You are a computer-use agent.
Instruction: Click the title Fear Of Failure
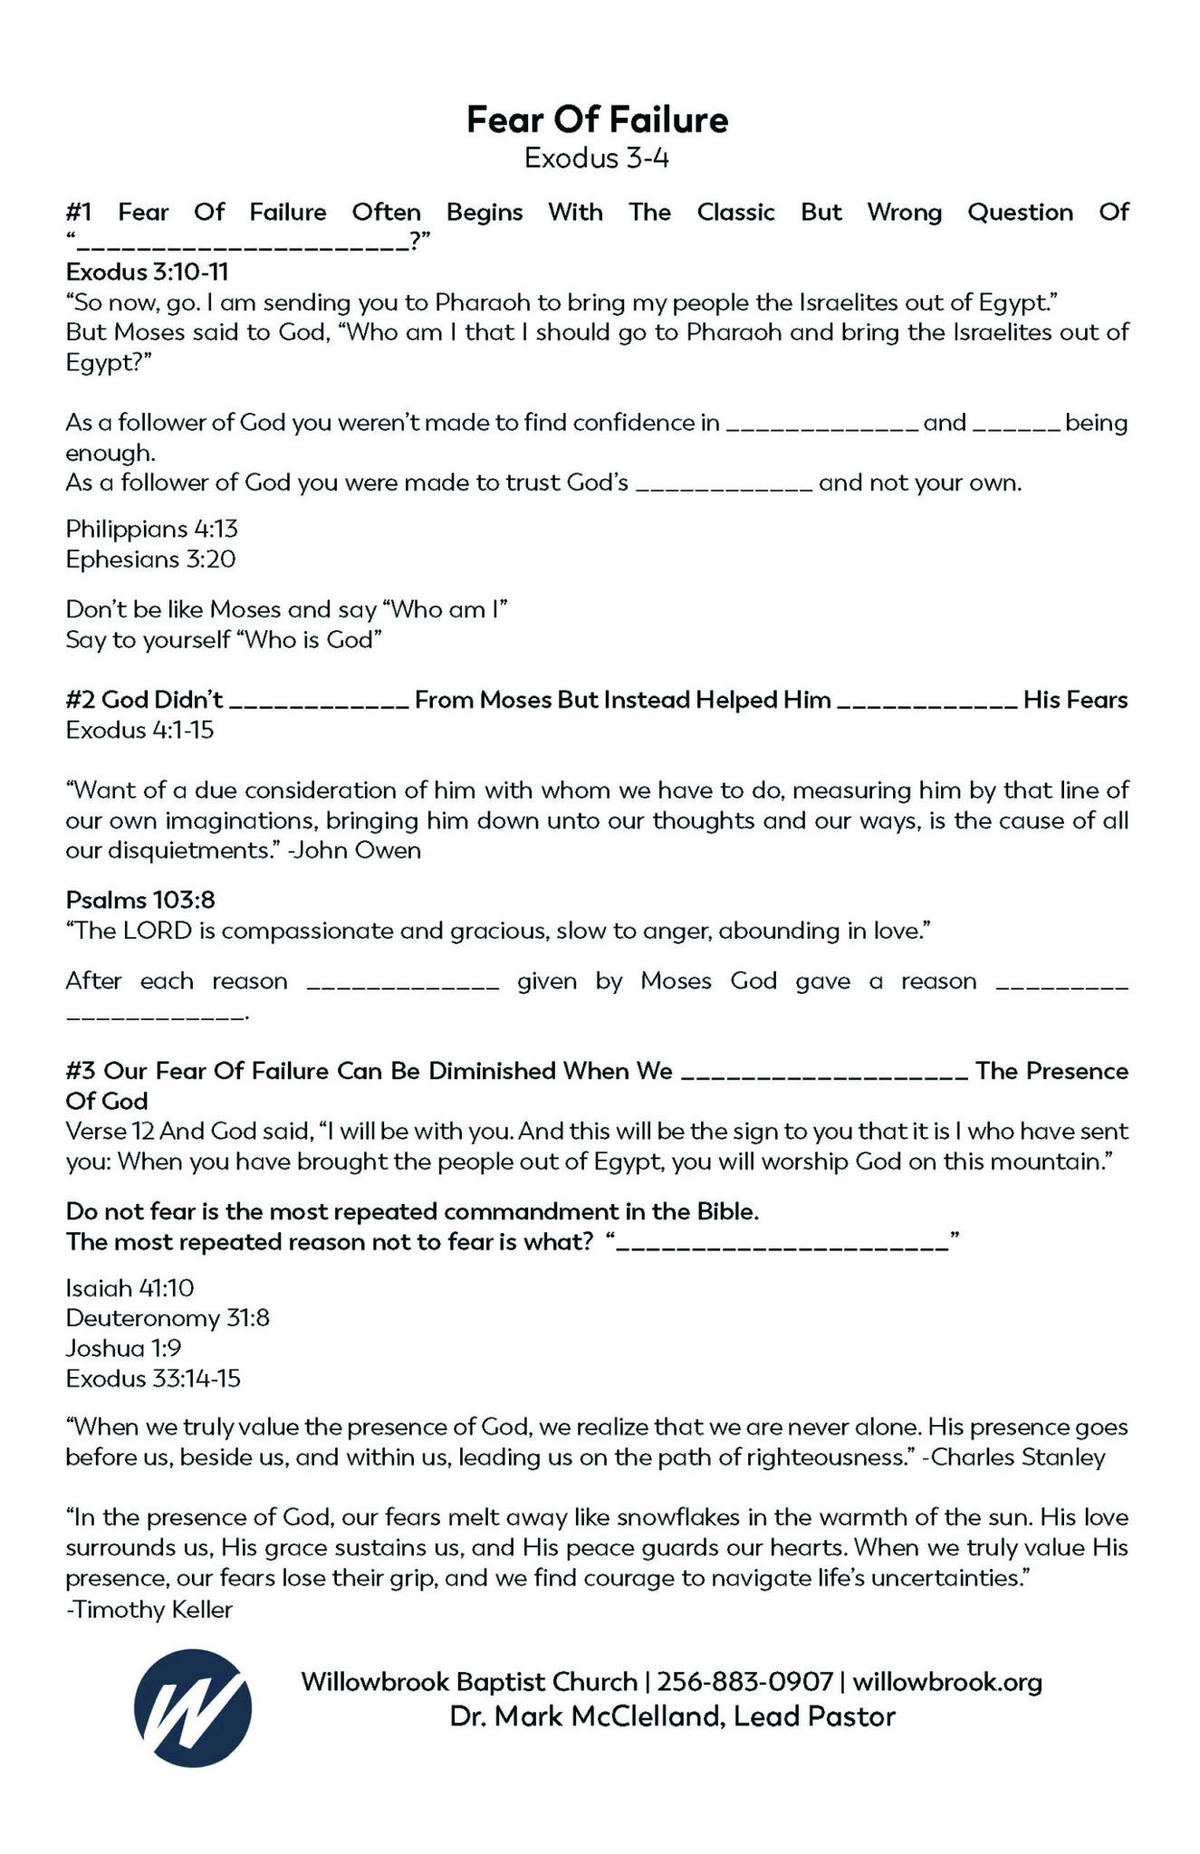597,119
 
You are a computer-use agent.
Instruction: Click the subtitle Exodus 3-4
597,158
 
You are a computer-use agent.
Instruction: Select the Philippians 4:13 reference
151,529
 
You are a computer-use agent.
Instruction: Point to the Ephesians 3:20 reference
150,559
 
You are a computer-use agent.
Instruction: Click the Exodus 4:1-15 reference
139,730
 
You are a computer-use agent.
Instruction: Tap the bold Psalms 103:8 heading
139,900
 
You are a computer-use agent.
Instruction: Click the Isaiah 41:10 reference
130,1287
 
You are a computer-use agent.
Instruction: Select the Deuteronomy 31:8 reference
168,1318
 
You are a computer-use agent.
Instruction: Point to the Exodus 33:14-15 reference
153,1379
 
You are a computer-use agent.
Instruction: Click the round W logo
193,1708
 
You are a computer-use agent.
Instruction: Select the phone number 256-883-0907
744,1682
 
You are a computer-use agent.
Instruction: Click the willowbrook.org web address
947,1682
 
